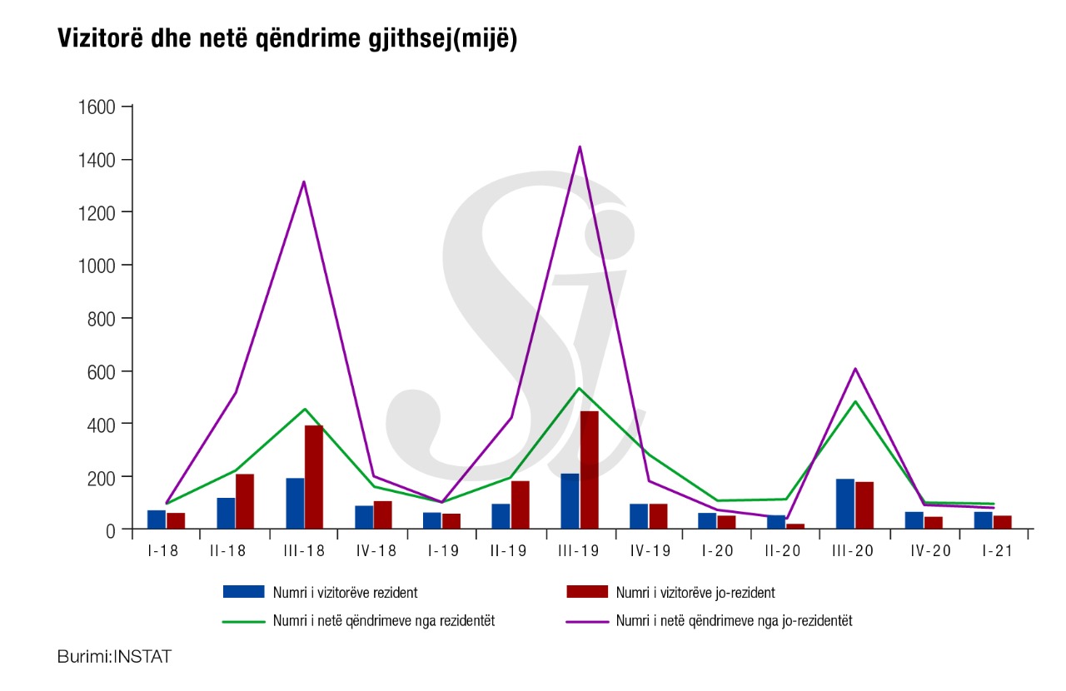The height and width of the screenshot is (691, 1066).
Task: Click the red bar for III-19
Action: (x=589, y=470)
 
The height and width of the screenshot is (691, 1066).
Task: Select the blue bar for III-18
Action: (x=295, y=503)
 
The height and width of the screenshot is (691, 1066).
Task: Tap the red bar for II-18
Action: (x=244, y=501)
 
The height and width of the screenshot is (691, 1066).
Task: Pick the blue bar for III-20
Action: (x=845, y=504)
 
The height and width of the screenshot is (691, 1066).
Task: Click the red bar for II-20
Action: (x=795, y=526)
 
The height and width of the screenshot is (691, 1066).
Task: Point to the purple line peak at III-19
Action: (x=580, y=147)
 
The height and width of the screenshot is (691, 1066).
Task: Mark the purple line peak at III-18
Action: (x=304, y=181)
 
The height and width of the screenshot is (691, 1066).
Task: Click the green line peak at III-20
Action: (x=855, y=401)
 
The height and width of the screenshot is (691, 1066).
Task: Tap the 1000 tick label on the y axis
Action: (x=95, y=266)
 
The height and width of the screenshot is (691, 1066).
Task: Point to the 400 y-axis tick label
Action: (x=101, y=424)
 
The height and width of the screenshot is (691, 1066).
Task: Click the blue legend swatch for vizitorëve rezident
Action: (x=243, y=592)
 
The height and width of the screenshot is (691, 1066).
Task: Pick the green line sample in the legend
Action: (x=243, y=620)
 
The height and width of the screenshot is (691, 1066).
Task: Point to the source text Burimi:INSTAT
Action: (x=114, y=656)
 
